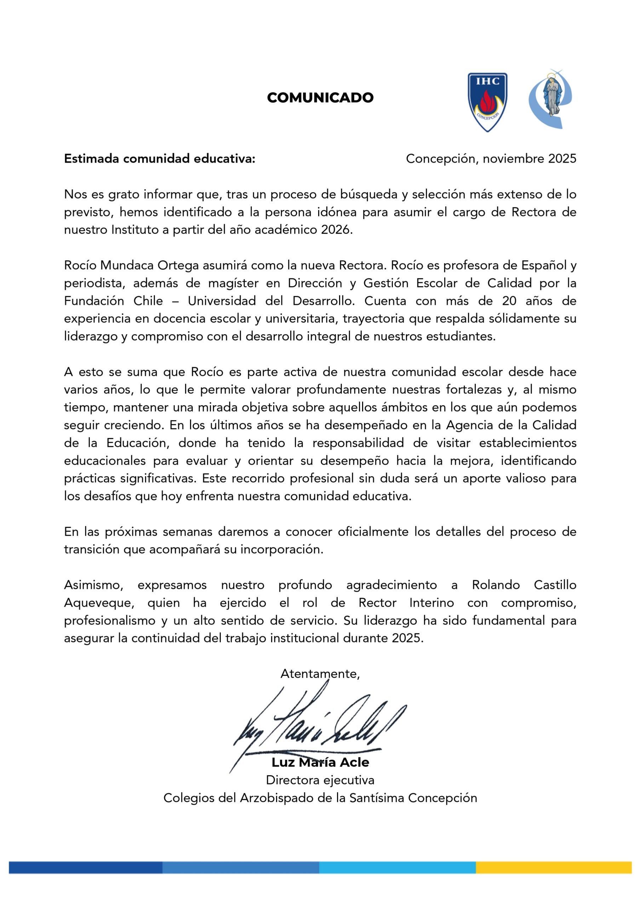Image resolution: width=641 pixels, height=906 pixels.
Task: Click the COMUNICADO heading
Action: (320, 97)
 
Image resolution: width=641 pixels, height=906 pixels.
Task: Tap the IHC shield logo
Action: (487, 102)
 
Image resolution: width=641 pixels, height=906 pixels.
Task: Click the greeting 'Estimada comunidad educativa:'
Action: (160, 159)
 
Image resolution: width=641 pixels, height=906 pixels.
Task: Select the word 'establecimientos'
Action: (528, 443)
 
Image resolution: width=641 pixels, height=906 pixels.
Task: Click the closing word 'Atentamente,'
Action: (320, 673)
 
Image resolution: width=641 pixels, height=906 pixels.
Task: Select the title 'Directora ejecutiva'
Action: (320, 780)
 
